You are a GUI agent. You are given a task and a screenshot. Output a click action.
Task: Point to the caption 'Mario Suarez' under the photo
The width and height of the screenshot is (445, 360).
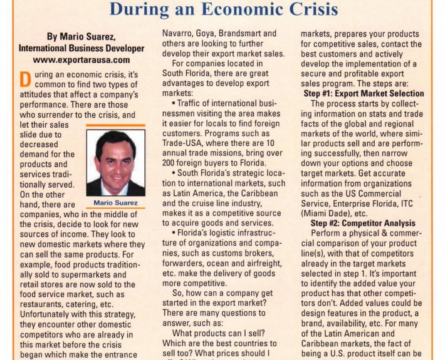[115, 203]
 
